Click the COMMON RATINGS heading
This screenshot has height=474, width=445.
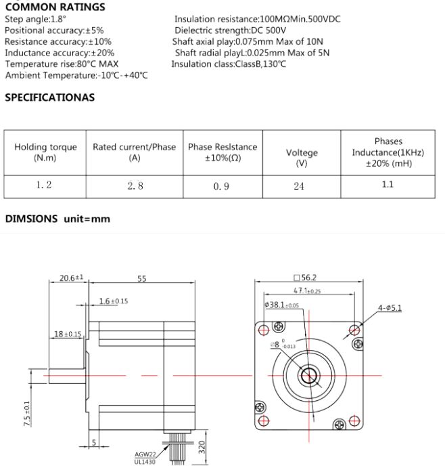(55, 7)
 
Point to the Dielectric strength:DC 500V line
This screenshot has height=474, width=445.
(230, 30)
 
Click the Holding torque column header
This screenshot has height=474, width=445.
(45, 152)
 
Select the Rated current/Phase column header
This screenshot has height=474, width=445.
(134, 152)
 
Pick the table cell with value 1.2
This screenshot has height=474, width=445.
(45, 185)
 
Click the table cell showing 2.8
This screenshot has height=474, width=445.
(135, 186)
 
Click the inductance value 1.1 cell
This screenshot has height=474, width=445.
(388, 184)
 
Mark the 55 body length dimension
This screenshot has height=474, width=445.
(141, 278)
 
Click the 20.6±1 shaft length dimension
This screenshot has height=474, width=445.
(71, 278)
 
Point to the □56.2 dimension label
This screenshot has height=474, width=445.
(306, 277)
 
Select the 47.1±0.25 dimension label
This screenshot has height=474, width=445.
(307, 290)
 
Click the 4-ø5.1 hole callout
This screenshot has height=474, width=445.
(390, 308)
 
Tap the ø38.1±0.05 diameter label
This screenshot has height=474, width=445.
(282, 305)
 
